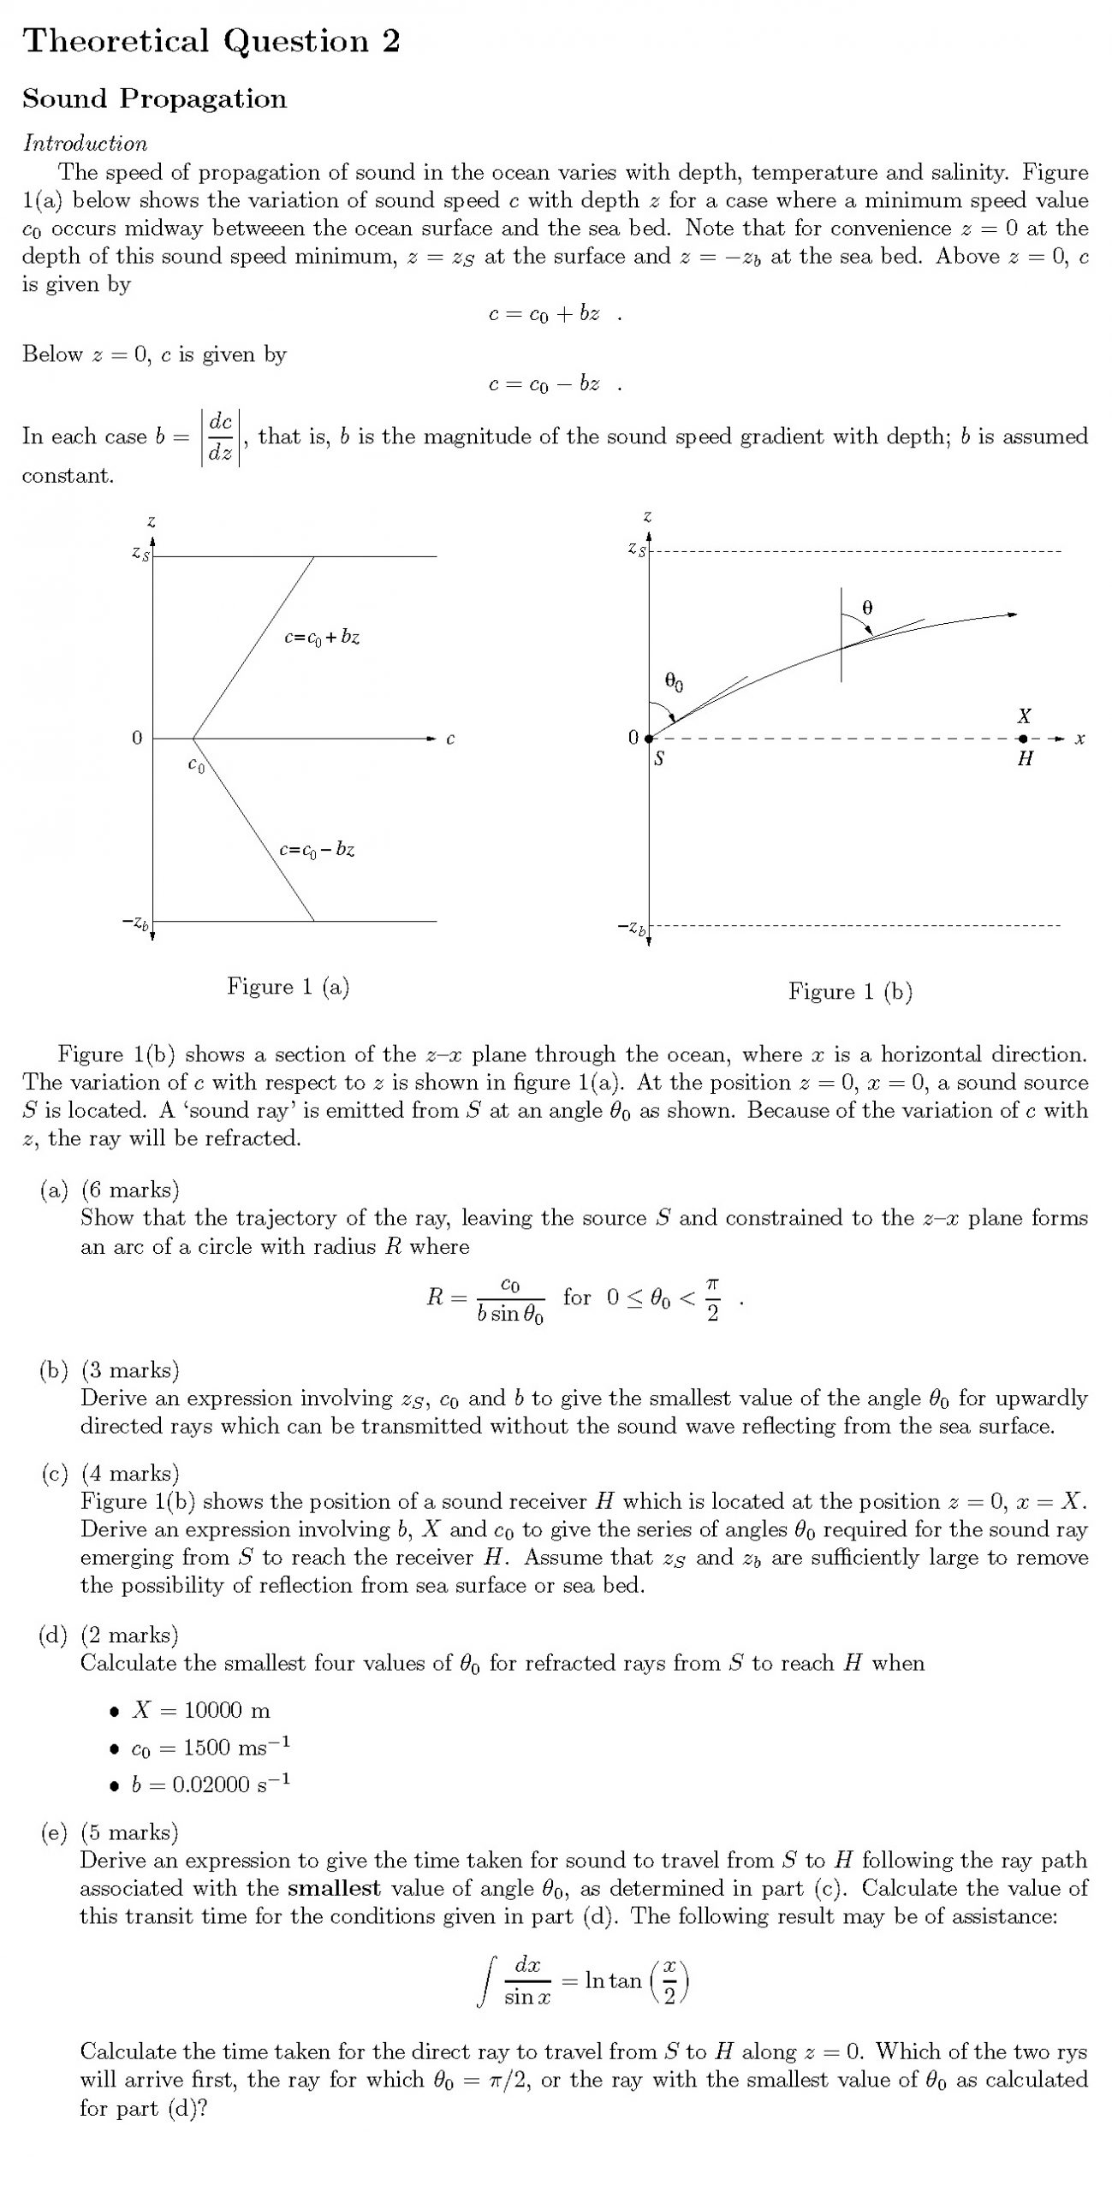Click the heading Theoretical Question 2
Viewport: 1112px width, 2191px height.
click(x=211, y=41)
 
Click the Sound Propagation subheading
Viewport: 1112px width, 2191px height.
click(x=154, y=98)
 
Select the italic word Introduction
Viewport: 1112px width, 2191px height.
click(x=85, y=143)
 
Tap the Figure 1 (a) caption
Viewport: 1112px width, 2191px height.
click(x=288, y=987)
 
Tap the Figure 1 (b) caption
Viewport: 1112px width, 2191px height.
click(x=850, y=992)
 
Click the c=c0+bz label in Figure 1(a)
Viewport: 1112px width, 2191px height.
click(x=322, y=638)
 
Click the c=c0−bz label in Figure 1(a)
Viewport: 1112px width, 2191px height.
click(x=317, y=850)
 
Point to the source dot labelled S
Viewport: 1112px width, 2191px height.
click(x=649, y=739)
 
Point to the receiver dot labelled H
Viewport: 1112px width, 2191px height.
click(x=1023, y=739)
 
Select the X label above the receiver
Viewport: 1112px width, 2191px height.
click(x=1024, y=715)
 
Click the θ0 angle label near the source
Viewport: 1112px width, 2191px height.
click(x=674, y=682)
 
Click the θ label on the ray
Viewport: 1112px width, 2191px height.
click(x=867, y=608)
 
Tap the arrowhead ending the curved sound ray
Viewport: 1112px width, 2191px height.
click(x=1013, y=614)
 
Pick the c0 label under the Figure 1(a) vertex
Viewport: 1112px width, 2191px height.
click(x=196, y=764)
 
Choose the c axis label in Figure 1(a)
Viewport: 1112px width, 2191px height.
click(x=450, y=739)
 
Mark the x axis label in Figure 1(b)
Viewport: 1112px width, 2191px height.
click(x=1080, y=739)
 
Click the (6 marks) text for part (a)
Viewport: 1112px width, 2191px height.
click(x=130, y=1190)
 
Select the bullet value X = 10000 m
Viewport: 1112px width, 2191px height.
click(x=201, y=1710)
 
